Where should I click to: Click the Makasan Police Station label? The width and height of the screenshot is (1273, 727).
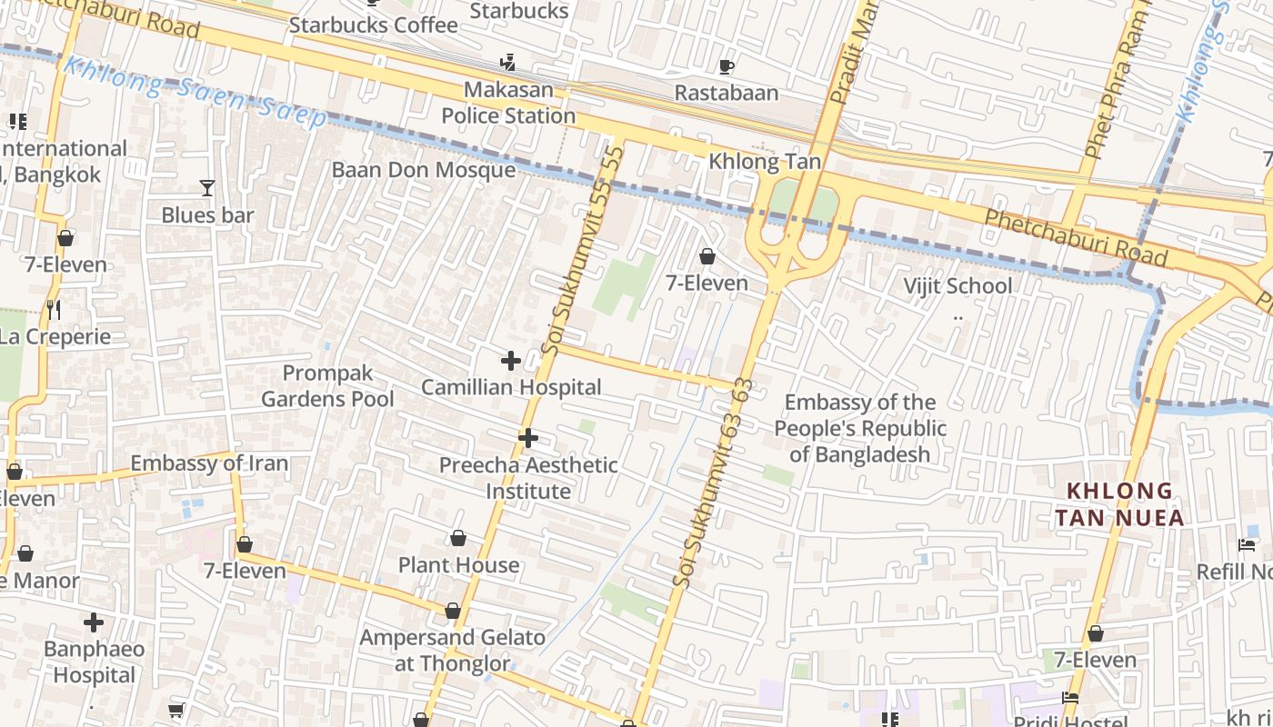pos(508,103)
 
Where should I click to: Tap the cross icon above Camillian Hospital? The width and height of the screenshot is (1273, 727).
pos(511,361)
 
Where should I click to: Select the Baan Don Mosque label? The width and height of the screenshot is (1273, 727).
pos(424,170)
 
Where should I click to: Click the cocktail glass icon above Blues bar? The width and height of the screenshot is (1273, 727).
pos(207,188)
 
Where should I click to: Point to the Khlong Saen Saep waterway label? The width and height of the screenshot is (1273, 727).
pos(195,92)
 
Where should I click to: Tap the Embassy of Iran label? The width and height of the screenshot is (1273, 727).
pos(209,463)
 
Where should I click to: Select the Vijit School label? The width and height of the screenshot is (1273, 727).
pos(957,286)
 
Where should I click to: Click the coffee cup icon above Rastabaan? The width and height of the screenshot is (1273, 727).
pos(726,66)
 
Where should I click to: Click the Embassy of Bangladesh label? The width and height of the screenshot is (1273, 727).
pos(860,428)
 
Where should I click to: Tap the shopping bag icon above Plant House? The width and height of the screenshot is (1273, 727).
pos(458,539)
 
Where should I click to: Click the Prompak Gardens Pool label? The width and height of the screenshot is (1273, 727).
pos(327,386)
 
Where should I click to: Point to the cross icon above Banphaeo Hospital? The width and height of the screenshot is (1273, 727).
pos(94,622)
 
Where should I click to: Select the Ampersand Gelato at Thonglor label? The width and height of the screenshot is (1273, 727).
pos(453,651)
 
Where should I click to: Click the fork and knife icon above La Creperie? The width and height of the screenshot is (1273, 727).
pos(54,310)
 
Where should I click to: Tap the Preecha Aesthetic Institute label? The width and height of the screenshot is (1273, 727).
pos(528,478)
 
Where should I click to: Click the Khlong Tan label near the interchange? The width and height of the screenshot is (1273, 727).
pos(765,162)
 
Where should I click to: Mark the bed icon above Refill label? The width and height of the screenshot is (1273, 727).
pos(1247,545)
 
